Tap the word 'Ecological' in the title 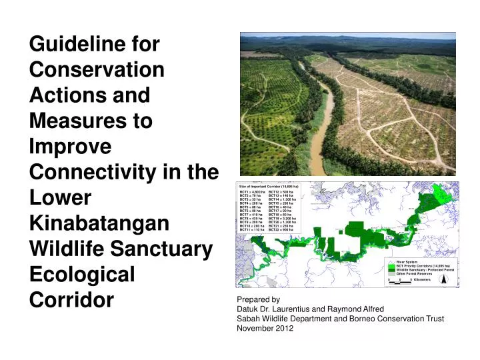click(x=89, y=275)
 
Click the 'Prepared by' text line click(x=258, y=300)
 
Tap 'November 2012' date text click(x=265, y=328)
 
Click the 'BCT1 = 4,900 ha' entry click(x=252, y=192)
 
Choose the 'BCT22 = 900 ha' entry click(x=281, y=229)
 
